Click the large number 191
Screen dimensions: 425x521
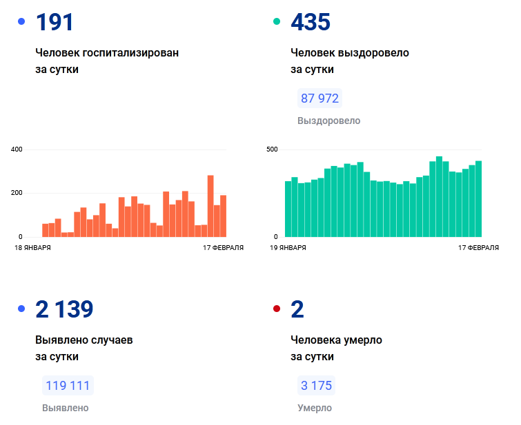coord(55,22)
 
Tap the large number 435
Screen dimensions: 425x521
coord(311,22)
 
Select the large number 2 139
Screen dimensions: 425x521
coord(64,309)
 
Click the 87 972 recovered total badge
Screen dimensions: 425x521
coord(320,99)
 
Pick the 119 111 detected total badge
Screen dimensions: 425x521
coord(68,386)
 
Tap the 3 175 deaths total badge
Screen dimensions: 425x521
coord(316,386)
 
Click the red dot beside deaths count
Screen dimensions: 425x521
coord(277,309)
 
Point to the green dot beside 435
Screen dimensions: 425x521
coord(277,21)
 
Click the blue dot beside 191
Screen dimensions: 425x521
coord(21,21)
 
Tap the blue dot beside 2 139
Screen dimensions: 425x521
coord(21,309)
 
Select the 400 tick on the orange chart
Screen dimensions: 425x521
coord(17,149)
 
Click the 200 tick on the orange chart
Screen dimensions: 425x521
coord(17,193)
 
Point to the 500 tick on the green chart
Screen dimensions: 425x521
coord(272,149)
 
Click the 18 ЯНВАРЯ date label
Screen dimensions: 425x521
coord(32,247)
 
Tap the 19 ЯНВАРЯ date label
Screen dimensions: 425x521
coord(288,247)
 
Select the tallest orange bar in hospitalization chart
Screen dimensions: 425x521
coord(210,206)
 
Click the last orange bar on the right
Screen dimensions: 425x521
coord(223,216)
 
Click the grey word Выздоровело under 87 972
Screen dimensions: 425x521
coord(328,121)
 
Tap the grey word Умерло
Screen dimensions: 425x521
coord(315,408)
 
